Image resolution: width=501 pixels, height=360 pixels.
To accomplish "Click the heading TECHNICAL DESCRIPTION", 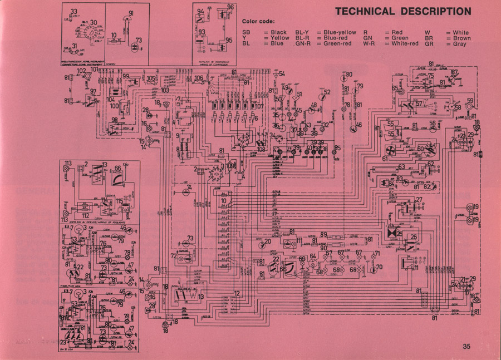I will [403, 11].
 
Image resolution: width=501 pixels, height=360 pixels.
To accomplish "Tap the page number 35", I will [466, 347].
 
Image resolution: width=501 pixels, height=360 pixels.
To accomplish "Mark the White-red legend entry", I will [405, 44].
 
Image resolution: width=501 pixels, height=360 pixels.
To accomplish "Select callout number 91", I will [131, 13].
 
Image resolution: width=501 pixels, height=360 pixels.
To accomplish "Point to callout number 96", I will [230, 7].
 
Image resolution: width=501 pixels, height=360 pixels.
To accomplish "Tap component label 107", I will [259, 106].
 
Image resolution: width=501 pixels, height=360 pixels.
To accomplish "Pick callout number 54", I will [282, 73].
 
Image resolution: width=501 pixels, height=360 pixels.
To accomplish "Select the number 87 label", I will [454, 72].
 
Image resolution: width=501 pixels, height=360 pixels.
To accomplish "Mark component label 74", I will [189, 187].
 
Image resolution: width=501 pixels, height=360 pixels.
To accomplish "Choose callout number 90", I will [324, 248].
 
